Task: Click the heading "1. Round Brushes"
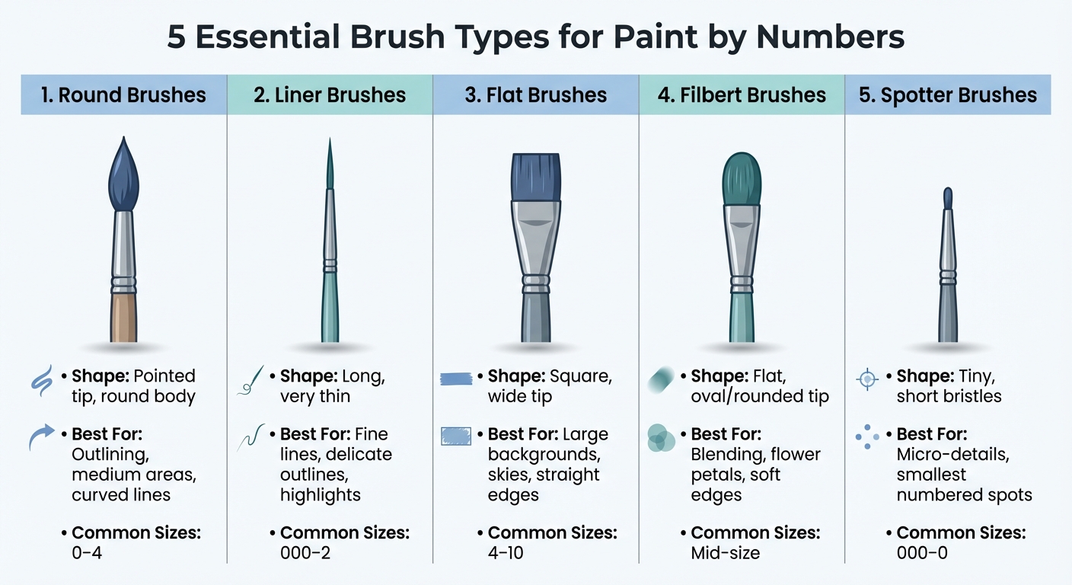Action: (x=123, y=95)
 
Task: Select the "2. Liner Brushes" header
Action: (x=329, y=95)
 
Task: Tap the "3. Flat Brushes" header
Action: (x=536, y=95)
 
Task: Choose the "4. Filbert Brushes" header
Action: (x=742, y=95)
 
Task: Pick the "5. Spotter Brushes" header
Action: (x=948, y=95)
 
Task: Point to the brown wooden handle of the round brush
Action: (x=123, y=317)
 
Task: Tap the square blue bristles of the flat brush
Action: (x=536, y=177)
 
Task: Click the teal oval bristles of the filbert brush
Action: (x=742, y=180)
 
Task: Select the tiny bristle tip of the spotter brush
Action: (x=948, y=198)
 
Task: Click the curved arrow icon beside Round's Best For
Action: (x=42, y=437)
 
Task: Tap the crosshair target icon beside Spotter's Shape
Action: (x=867, y=379)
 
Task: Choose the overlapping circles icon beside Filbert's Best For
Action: (x=660, y=439)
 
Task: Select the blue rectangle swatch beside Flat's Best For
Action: (x=456, y=436)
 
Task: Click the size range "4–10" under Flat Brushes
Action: (x=506, y=552)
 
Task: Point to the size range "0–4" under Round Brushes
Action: (x=87, y=552)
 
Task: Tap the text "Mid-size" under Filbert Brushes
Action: (x=725, y=552)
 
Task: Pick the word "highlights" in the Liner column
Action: (x=320, y=494)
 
